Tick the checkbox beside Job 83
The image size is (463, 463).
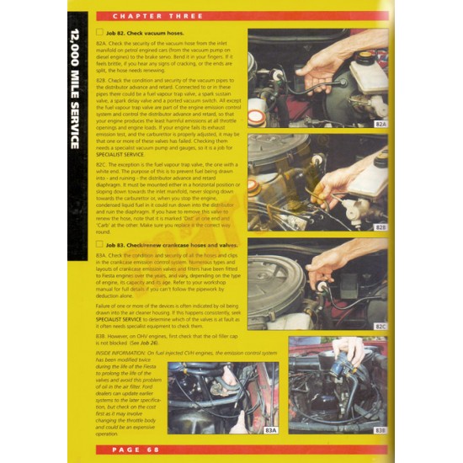tap(100, 244)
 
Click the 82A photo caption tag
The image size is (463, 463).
tap(380, 124)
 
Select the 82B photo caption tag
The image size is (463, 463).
tap(380, 226)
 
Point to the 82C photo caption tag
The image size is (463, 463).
tap(380, 326)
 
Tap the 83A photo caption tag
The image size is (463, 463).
tap(270, 429)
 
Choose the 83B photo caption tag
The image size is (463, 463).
tap(380, 429)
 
